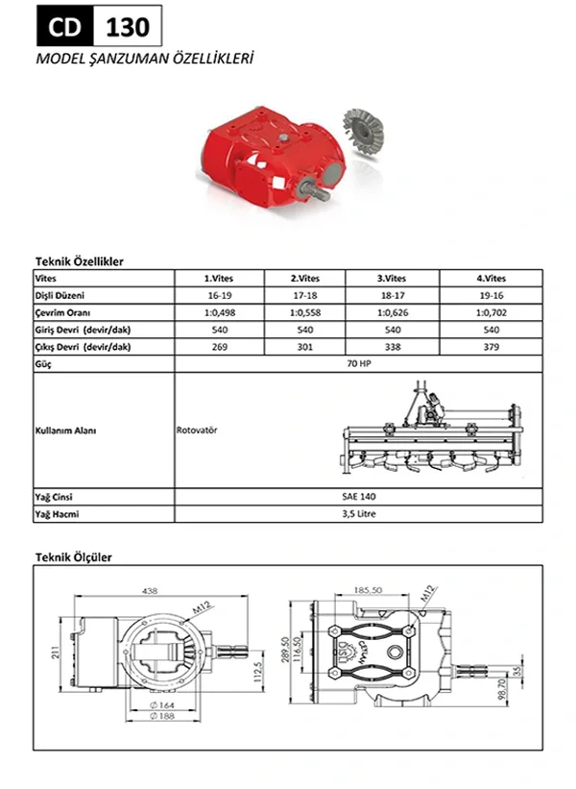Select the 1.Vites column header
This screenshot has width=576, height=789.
(x=218, y=278)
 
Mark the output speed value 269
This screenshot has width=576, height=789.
(x=218, y=347)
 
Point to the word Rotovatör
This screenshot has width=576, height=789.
(x=197, y=430)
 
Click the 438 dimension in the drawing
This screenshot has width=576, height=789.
(x=148, y=591)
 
